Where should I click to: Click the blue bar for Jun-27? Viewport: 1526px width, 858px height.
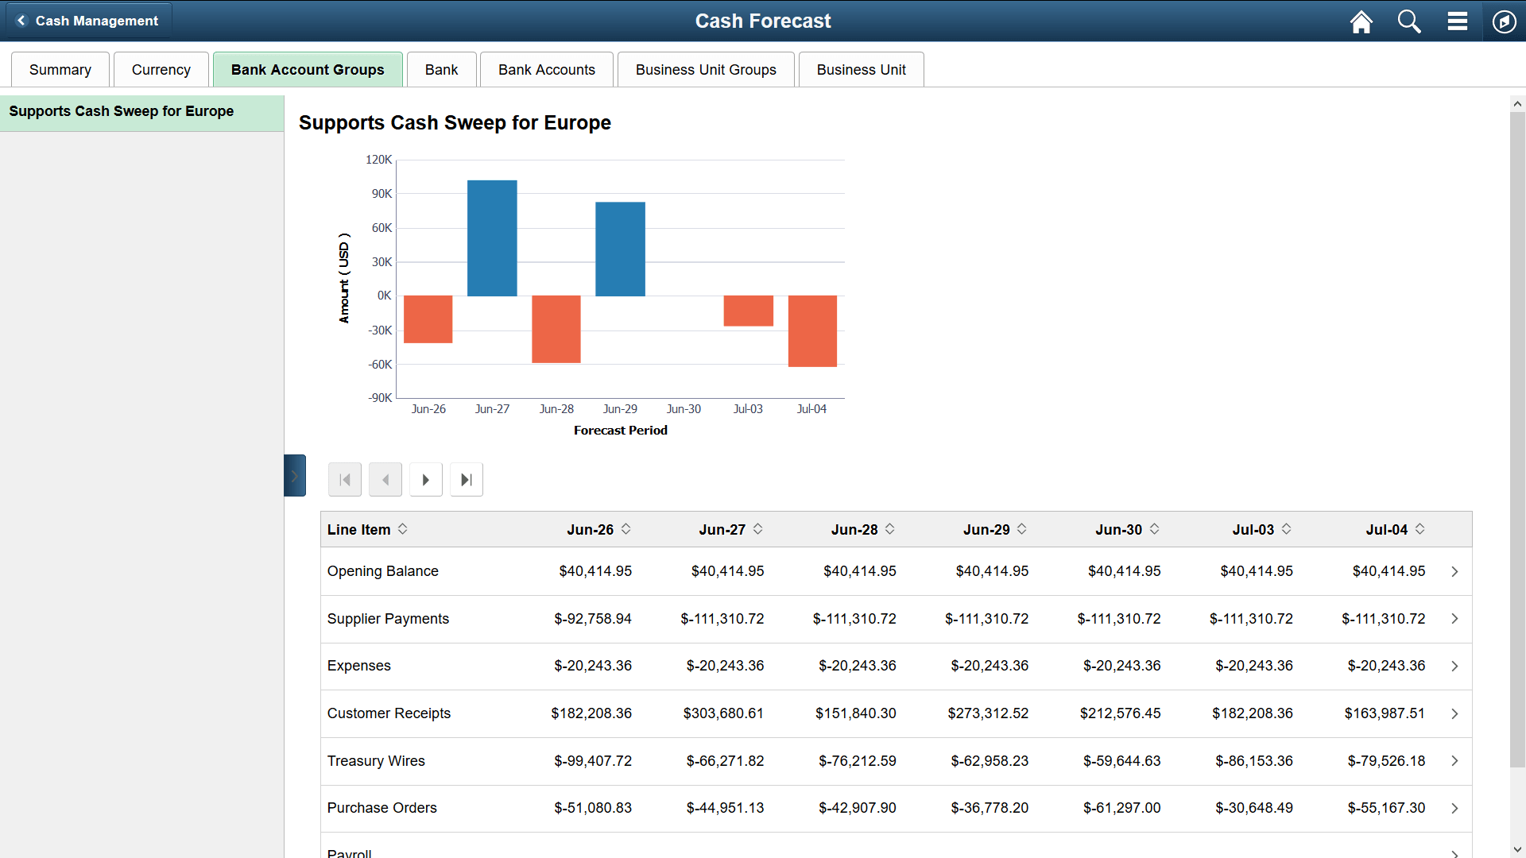tap(492, 238)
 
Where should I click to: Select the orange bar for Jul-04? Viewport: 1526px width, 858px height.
tap(812, 330)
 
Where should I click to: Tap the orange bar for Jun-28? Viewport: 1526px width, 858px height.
tap(556, 329)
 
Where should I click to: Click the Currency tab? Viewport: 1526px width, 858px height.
tap(161, 70)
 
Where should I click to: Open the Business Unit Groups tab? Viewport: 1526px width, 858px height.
tap(706, 70)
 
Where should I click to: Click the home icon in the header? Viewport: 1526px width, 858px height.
tap(1361, 21)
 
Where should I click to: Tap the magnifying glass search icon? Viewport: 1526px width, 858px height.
tap(1409, 21)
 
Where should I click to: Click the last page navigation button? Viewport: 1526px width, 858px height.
tap(467, 480)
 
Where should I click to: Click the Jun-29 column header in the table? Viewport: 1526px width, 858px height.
tap(986, 530)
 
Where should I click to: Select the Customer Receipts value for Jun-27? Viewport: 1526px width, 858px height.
tap(723, 713)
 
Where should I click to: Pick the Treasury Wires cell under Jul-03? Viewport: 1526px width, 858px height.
tap(1253, 761)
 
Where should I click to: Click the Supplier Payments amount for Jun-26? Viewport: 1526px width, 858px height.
tap(593, 619)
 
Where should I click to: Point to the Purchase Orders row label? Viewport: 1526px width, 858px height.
tap(382, 808)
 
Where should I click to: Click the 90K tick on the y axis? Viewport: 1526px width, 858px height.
tap(381, 194)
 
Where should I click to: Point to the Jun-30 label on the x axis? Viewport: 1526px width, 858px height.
tap(684, 409)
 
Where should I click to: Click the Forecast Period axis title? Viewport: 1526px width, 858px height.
tap(621, 431)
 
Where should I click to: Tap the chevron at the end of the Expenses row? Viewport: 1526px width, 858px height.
tap(1454, 667)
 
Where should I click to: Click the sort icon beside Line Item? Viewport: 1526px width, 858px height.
tap(403, 529)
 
